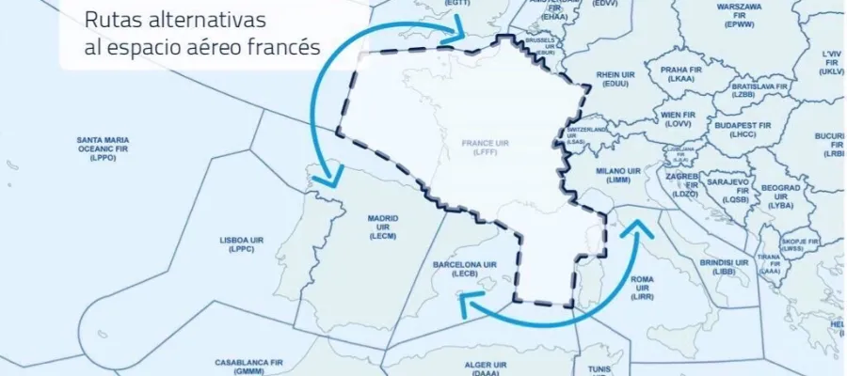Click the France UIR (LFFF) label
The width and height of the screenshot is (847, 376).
click(x=484, y=149)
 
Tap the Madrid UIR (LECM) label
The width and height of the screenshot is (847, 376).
click(x=382, y=227)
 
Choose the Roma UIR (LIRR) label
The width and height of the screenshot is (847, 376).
click(x=643, y=285)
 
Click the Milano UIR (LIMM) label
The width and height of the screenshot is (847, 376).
click(x=618, y=176)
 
